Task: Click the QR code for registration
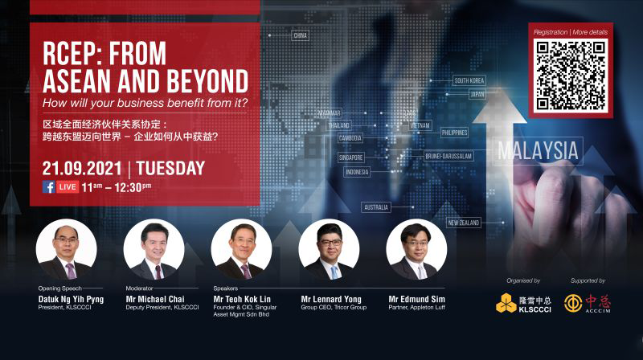click(571, 75)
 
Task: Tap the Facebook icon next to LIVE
click(48, 187)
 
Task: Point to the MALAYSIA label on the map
click(537, 150)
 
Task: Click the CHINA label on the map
click(300, 35)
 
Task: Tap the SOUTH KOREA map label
click(469, 80)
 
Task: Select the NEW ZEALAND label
click(464, 222)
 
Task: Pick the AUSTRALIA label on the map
click(376, 207)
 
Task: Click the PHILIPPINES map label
click(454, 132)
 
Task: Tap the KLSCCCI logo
click(514, 304)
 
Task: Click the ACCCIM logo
click(587, 304)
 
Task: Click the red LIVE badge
click(68, 187)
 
